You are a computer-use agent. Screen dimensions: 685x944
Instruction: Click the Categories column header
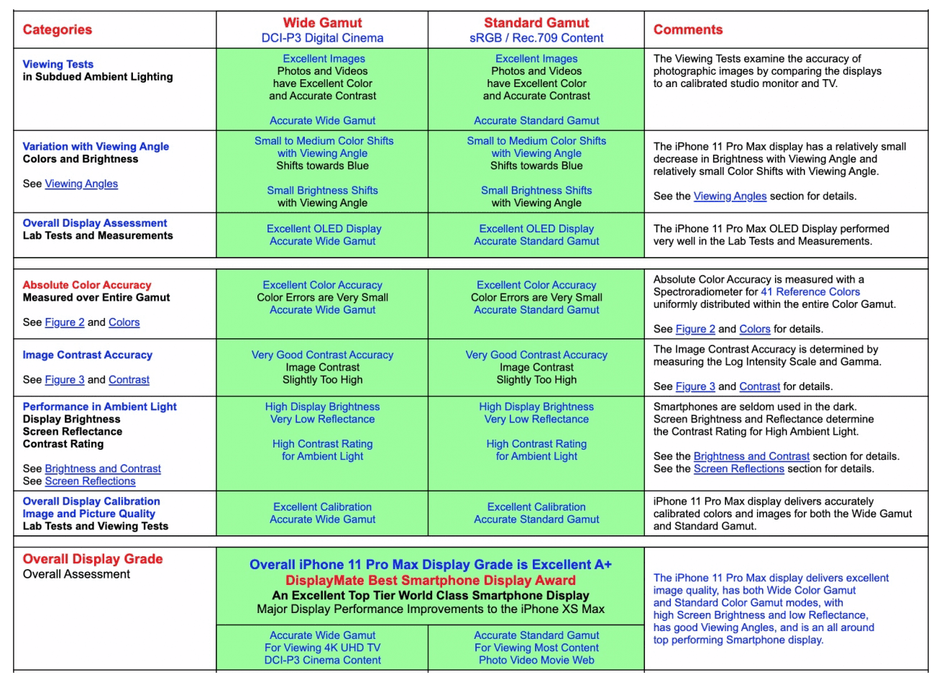(x=58, y=30)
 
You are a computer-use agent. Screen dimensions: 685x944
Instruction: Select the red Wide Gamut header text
(x=322, y=23)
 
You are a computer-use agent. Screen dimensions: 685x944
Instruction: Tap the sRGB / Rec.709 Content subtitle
(x=536, y=38)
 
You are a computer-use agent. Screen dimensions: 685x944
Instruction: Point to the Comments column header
(x=688, y=30)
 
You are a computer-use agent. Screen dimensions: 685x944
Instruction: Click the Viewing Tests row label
(x=58, y=64)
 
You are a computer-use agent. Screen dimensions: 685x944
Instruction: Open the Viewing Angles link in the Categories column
(x=81, y=184)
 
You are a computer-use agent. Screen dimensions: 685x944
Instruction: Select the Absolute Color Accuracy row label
(x=87, y=285)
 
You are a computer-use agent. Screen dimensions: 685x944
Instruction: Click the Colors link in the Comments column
(x=754, y=329)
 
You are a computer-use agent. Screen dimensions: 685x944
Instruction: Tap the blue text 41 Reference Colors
(x=810, y=292)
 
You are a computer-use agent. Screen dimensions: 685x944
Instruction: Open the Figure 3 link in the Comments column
(x=695, y=386)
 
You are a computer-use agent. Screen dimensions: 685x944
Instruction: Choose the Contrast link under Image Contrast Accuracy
(x=129, y=380)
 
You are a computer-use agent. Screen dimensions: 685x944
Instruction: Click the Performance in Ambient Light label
(x=99, y=407)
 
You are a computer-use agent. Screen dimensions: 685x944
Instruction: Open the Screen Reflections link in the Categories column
(x=90, y=481)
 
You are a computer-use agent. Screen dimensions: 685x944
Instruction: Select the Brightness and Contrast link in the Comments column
(x=751, y=456)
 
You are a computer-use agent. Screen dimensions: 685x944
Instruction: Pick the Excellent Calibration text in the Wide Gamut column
(x=322, y=507)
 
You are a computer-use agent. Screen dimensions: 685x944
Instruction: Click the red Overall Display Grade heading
(x=93, y=559)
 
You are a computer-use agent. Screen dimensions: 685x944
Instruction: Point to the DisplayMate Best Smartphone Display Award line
(x=430, y=581)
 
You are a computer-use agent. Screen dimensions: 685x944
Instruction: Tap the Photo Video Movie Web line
(x=536, y=661)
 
